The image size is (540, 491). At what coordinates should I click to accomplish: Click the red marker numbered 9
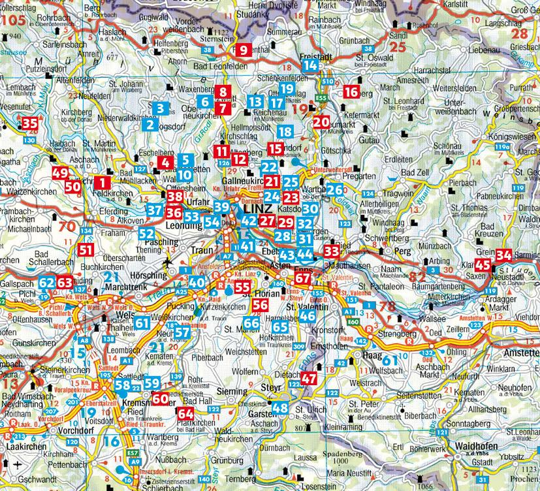click(243, 50)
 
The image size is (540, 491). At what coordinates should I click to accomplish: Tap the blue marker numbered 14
click(310, 65)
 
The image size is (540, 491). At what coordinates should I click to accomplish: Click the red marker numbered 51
click(86, 249)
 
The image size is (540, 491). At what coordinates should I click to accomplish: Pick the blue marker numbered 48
click(280, 408)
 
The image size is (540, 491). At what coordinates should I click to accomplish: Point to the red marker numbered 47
click(309, 378)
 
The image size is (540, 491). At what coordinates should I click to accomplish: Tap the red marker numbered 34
click(503, 255)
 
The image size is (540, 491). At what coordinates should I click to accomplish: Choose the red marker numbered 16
click(351, 92)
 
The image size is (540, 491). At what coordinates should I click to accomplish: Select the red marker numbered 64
click(186, 413)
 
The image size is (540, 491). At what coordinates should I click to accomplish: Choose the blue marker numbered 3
click(162, 108)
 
